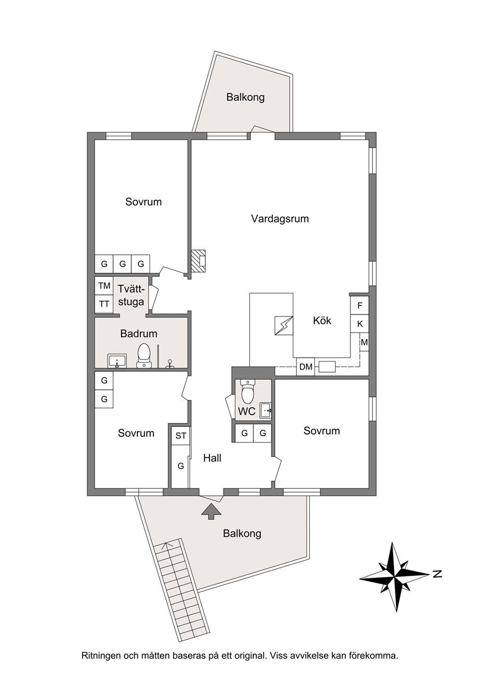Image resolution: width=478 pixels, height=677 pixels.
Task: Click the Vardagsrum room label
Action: (x=280, y=219)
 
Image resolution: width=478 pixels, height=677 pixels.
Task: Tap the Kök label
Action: (x=322, y=320)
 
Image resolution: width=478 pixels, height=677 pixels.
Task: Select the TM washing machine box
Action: (x=104, y=286)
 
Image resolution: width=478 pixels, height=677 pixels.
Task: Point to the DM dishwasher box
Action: (x=305, y=367)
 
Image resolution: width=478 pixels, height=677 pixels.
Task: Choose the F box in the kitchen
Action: (x=360, y=305)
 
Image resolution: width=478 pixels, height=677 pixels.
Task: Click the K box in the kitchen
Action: (x=360, y=324)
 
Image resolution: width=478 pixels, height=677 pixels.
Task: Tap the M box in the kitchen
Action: (x=364, y=343)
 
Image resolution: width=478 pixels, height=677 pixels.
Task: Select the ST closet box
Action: (x=181, y=436)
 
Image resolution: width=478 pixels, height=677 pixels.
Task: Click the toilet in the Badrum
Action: (x=144, y=356)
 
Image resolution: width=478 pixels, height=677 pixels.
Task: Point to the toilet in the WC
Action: (x=248, y=392)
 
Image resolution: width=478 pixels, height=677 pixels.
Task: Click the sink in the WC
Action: (x=266, y=411)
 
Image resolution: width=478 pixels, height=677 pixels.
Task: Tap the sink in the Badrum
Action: (x=117, y=361)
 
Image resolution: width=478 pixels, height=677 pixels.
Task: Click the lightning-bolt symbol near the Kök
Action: (x=284, y=326)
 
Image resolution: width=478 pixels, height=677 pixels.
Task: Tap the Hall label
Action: (x=212, y=458)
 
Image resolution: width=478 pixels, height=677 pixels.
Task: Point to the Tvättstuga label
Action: (x=131, y=295)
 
